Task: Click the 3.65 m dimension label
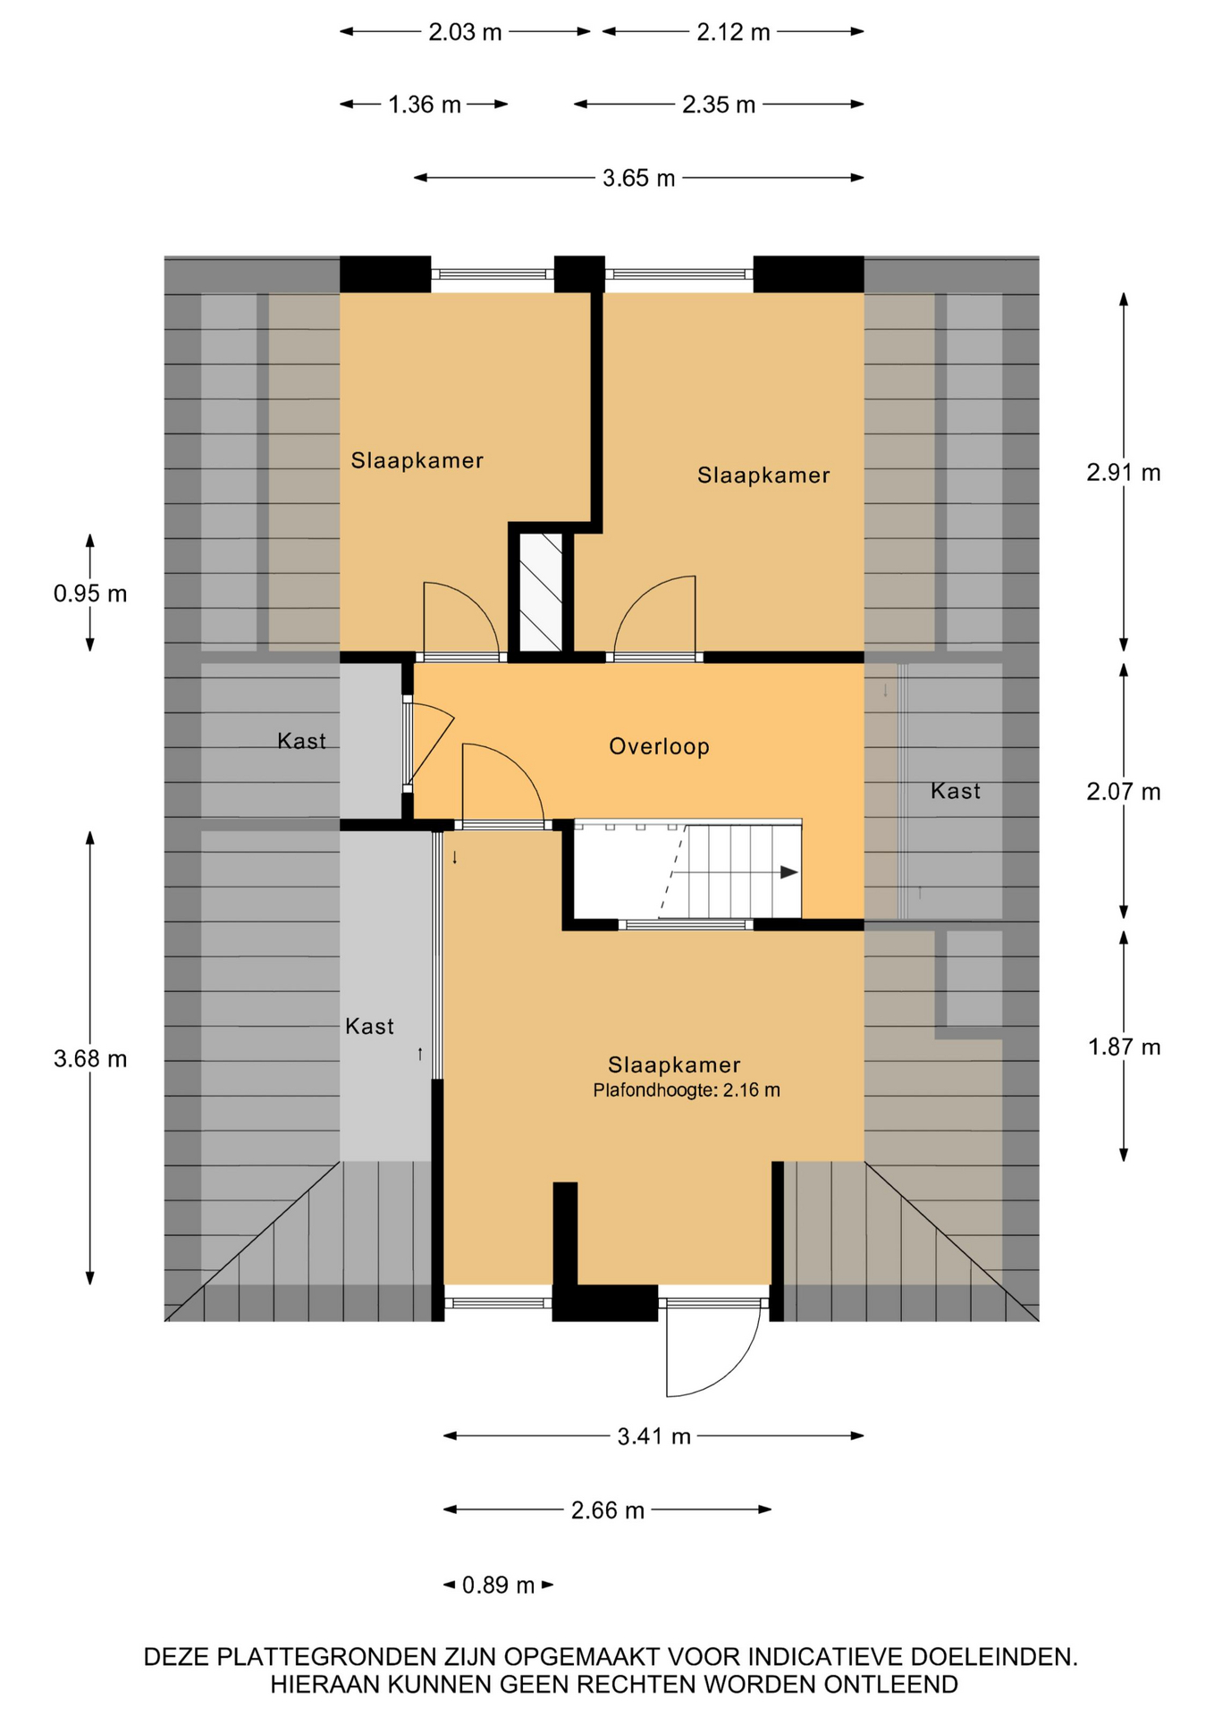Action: pos(638,178)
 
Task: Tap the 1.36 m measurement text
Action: pos(425,105)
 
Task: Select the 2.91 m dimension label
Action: pos(1123,472)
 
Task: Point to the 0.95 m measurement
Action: pos(90,593)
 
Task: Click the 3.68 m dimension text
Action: pos(90,1059)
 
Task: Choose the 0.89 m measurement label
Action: pos(498,1586)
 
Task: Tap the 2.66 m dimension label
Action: pos(608,1510)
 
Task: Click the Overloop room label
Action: pos(659,746)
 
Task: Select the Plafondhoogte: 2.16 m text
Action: pos(687,1090)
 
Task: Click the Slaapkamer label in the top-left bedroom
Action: pos(417,460)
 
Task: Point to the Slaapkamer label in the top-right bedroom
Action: pos(763,475)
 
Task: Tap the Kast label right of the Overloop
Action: pos(955,791)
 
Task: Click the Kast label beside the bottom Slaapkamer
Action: pos(369,1026)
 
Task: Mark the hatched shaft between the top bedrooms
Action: pos(541,593)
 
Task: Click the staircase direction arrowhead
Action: pos(788,872)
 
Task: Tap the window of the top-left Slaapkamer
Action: pos(493,274)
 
